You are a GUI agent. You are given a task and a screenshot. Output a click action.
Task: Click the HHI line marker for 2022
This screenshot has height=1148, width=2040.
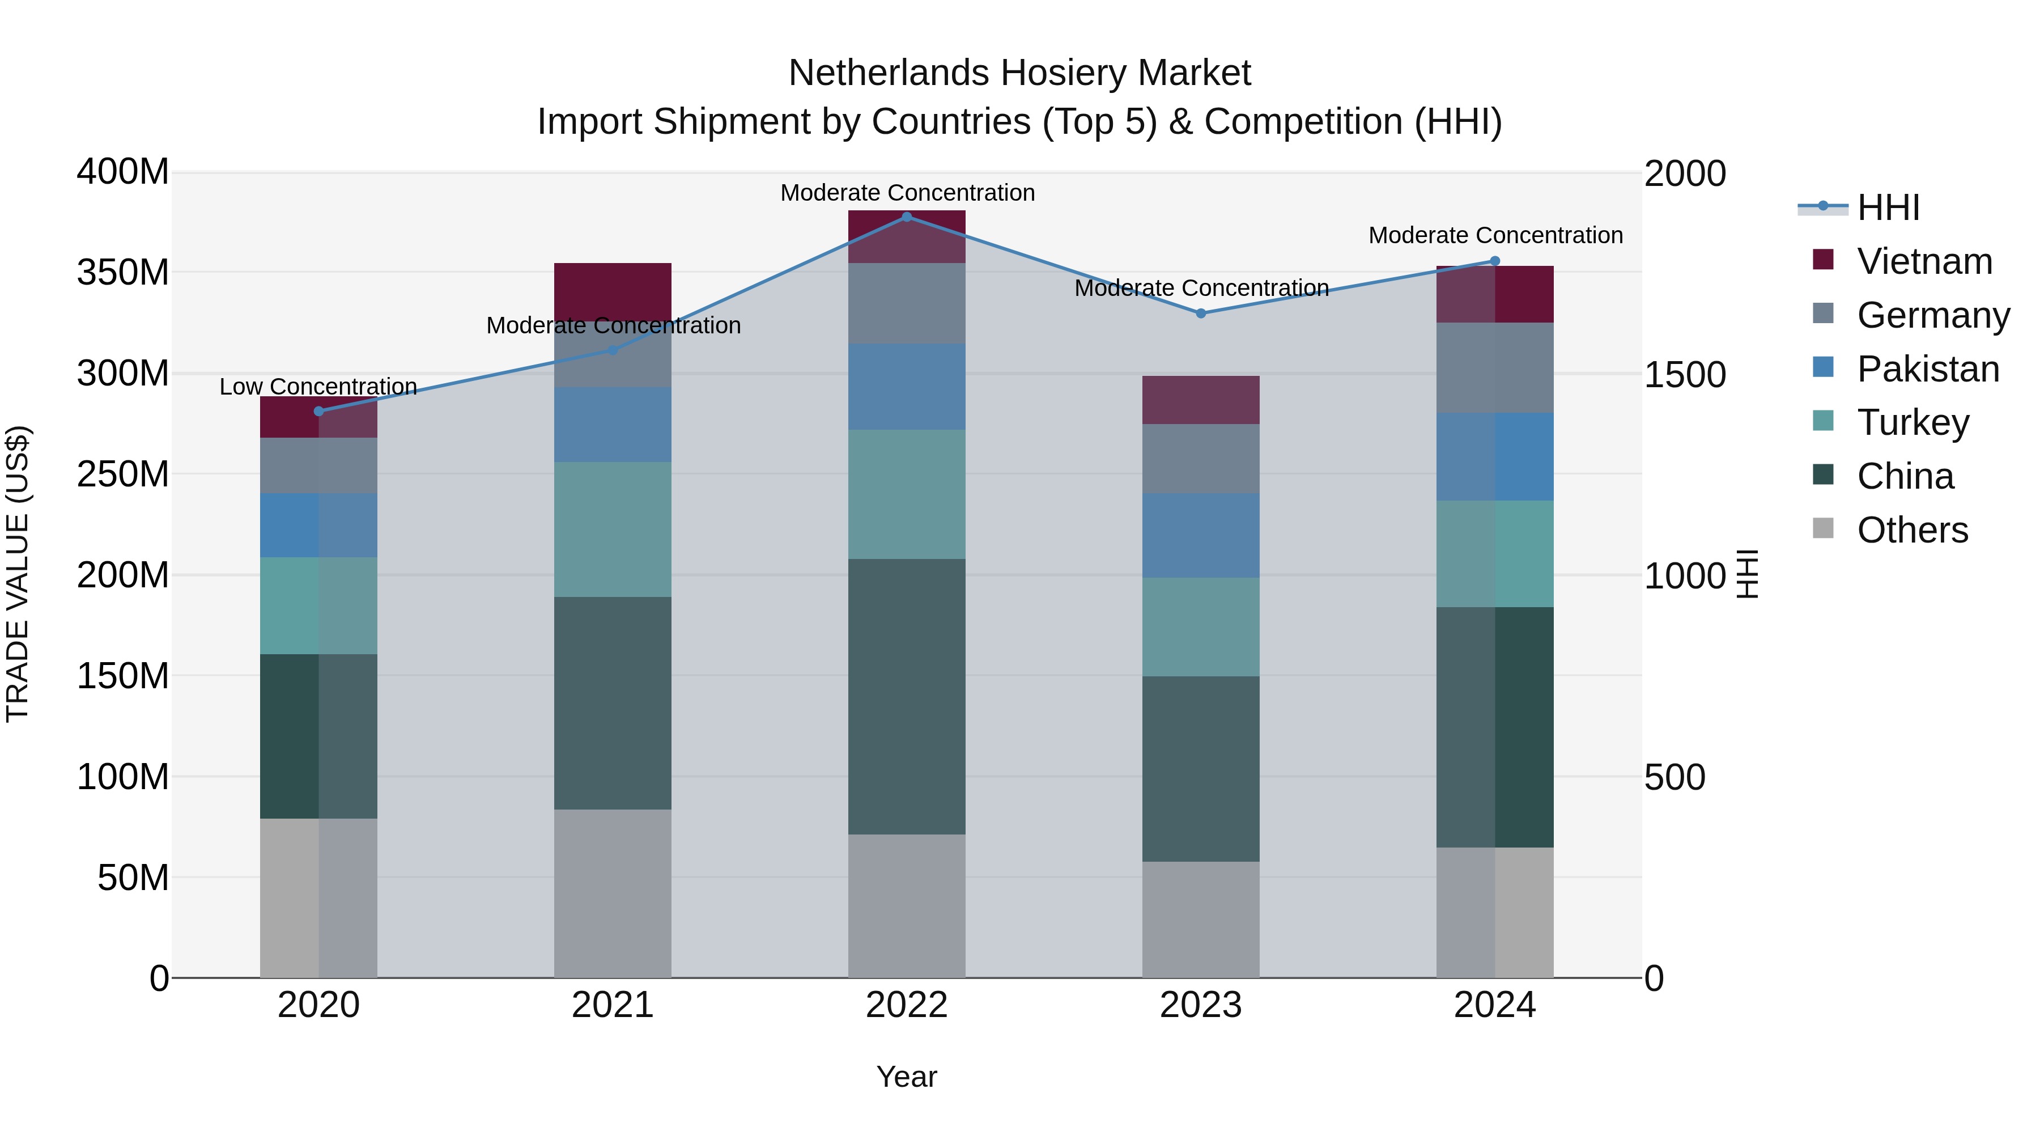coord(907,217)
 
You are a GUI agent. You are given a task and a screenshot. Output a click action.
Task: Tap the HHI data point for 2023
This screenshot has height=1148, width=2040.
coord(1201,314)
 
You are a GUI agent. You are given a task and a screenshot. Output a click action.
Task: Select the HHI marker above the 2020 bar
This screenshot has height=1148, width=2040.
coord(318,411)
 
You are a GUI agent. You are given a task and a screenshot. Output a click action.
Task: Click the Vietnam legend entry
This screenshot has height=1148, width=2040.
coord(1924,261)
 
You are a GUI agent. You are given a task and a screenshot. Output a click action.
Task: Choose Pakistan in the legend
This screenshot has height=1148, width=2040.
coord(1928,369)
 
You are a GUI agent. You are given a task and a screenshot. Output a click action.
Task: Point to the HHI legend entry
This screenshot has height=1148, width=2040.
coord(1888,207)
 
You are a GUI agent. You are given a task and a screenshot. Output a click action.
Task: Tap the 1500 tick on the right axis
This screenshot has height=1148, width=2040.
coord(1685,375)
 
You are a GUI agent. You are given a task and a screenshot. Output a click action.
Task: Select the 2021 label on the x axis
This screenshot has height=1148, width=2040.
coord(612,1005)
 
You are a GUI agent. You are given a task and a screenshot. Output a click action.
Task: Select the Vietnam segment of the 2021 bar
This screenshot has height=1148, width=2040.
coord(612,289)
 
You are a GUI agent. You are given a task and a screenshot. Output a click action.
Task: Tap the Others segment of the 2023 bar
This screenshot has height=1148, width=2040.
coord(1201,919)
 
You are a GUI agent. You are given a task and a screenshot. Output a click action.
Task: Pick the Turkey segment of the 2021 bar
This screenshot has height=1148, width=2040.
coord(612,529)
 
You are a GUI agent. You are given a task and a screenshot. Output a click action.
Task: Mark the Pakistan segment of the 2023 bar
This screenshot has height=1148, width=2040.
coord(1201,536)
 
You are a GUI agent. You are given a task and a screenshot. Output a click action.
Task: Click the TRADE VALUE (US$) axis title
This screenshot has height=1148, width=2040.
coord(18,574)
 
